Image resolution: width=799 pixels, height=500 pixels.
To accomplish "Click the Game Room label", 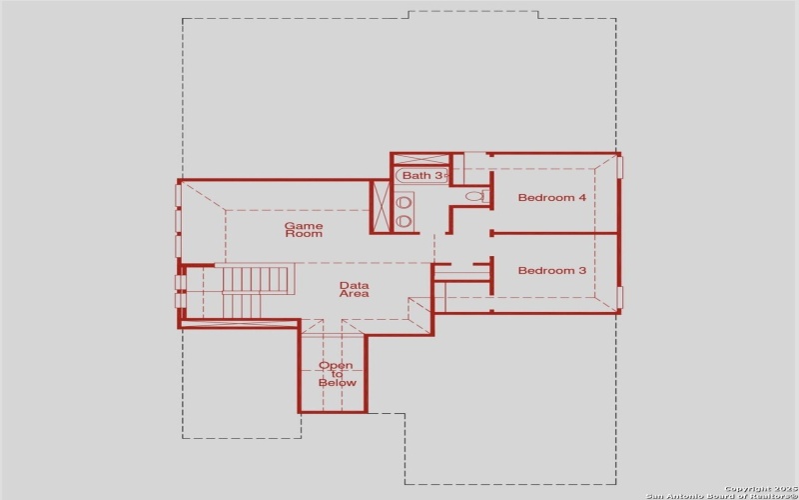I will click(x=304, y=229).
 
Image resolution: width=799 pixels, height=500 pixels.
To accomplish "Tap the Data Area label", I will click(x=355, y=289).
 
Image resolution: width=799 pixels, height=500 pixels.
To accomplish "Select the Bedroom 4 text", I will click(x=551, y=198).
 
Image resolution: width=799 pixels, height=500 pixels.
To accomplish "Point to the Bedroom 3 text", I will click(x=551, y=271).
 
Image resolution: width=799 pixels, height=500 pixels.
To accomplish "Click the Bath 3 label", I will click(x=421, y=176).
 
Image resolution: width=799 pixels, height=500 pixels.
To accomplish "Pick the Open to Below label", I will click(x=337, y=374).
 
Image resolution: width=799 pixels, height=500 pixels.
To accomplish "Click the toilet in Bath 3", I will click(x=475, y=196).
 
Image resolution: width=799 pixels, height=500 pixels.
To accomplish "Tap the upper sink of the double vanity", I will click(x=403, y=203).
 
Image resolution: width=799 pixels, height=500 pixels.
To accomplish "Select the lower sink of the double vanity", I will click(x=403, y=221).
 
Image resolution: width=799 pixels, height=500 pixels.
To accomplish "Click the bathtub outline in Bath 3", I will click(x=421, y=176).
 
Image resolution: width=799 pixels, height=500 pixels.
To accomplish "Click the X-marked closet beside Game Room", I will click(x=381, y=207).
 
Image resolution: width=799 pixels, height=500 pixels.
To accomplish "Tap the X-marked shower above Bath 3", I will click(x=421, y=160).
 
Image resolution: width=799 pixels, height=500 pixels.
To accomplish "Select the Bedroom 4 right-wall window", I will click(x=619, y=167).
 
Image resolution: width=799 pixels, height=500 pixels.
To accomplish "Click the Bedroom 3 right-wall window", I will click(x=619, y=297).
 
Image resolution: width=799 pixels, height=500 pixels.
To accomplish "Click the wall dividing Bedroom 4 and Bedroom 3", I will click(x=554, y=234).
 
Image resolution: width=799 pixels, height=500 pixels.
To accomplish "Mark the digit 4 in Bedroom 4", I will click(x=582, y=198).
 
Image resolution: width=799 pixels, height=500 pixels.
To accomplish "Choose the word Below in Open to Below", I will click(x=337, y=383).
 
